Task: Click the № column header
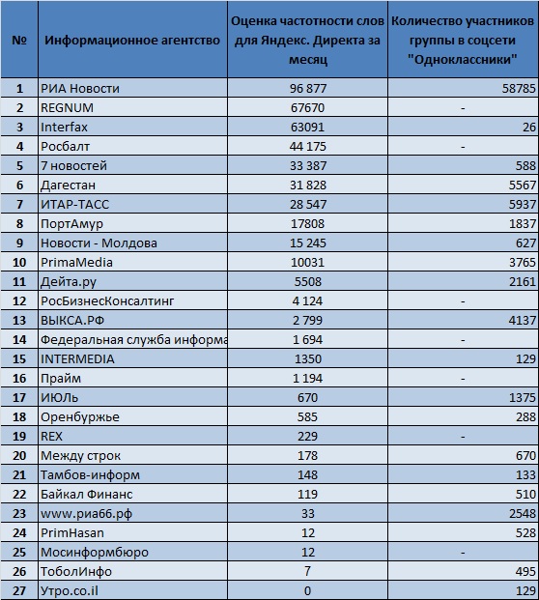click(x=19, y=40)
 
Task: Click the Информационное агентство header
click(x=132, y=40)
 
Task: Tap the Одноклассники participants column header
click(x=463, y=40)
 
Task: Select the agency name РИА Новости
click(x=80, y=88)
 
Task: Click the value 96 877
click(x=308, y=88)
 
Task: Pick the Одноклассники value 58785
click(x=519, y=88)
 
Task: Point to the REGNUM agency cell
click(x=67, y=108)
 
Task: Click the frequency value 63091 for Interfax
click(x=307, y=127)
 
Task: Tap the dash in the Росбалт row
click(x=463, y=147)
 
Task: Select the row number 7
click(x=19, y=204)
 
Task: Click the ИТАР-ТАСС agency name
click(x=75, y=204)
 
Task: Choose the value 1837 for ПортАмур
click(x=523, y=224)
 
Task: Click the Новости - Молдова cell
click(x=99, y=243)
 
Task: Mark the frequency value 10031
click(x=307, y=263)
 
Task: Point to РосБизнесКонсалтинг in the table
click(x=107, y=301)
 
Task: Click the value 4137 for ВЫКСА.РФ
click(x=523, y=320)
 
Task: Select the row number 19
click(x=19, y=436)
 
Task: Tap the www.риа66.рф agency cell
click(x=87, y=513)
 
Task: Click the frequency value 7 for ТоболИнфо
click(x=307, y=571)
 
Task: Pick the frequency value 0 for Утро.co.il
click(x=307, y=590)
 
